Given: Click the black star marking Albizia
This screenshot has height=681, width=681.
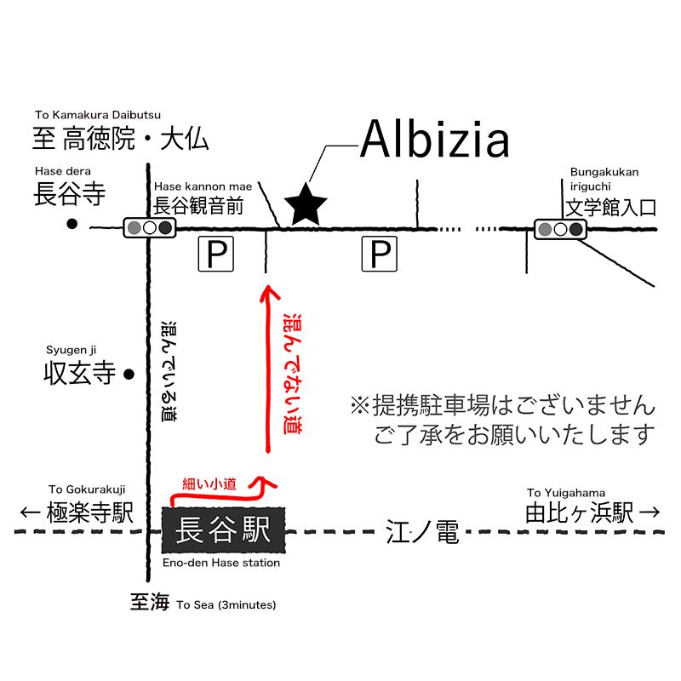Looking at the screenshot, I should pos(306,206).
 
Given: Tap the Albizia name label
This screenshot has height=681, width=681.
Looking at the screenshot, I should pos(434,140).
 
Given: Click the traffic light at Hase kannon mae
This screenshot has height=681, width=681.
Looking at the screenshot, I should pos(149,227).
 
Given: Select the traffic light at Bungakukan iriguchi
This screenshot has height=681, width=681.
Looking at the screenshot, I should pos(559,228).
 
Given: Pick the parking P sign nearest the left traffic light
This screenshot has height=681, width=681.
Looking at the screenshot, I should pos(215,255).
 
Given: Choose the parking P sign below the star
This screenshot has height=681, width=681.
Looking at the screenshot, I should pos(380,255).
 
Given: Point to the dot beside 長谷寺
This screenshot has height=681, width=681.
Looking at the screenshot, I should pos(72,225).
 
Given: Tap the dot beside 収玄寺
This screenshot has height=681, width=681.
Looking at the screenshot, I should pos(129,374).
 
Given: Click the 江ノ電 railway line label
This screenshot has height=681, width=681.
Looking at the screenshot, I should pos(422,534).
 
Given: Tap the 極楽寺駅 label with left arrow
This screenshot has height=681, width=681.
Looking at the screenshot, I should pos(77,512).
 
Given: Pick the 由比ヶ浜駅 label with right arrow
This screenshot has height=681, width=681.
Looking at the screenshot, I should pos(592,512).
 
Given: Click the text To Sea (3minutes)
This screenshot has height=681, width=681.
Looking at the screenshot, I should pos(226,605).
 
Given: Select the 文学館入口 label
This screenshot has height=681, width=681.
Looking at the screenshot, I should pos(613,207).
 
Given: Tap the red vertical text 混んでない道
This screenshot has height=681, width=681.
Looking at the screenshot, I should pos(292,372).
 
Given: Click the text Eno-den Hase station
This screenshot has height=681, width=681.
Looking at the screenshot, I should pos(220,563).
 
